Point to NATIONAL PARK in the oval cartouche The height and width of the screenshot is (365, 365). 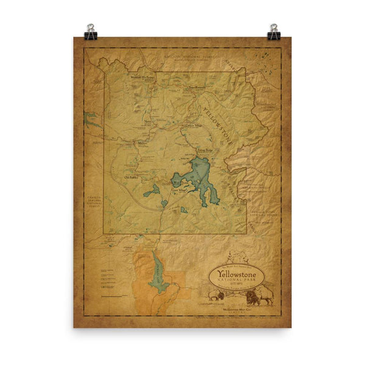238,282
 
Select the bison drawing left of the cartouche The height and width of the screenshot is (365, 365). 215,296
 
